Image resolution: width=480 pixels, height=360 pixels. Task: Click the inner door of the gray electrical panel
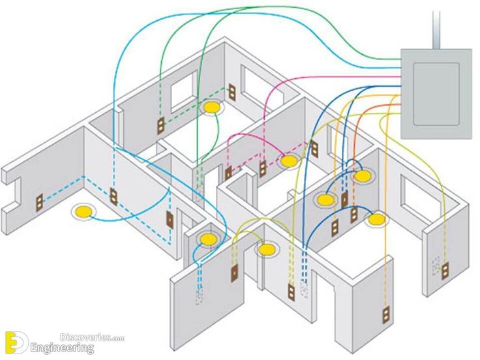[x=436, y=94]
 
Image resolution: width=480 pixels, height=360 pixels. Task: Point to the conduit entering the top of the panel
[x=436, y=30]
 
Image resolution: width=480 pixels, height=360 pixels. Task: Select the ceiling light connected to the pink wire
[x=288, y=161]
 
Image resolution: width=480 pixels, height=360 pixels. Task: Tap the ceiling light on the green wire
[x=212, y=107]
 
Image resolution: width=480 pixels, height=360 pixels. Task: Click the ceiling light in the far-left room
[x=83, y=212]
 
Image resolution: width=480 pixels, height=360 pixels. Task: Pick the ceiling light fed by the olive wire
[x=266, y=250]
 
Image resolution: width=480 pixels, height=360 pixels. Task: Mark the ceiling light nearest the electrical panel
[x=363, y=176]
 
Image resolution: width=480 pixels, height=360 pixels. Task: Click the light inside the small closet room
[x=207, y=239]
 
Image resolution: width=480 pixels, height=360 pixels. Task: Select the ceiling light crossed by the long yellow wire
[x=376, y=219]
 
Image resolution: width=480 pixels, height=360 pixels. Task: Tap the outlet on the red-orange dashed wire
[x=354, y=215]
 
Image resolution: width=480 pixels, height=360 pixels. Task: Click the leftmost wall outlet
[x=39, y=203]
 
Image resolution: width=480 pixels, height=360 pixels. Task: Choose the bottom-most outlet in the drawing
[x=386, y=314]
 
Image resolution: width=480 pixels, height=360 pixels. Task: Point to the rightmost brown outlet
[x=445, y=271]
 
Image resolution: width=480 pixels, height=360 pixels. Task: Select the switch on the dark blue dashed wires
[x=344, y=199]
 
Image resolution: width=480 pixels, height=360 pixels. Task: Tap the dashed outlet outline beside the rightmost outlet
[x=435, y=265]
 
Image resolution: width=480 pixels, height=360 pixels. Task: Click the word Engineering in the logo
[x=62, y=348]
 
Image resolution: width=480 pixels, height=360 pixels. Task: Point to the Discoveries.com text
[x=92, y=338]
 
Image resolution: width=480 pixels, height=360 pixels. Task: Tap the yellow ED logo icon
[x=16, y=342]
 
